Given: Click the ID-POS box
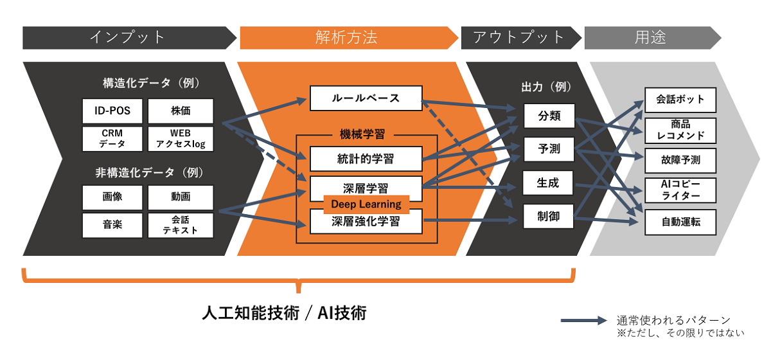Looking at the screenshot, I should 112,111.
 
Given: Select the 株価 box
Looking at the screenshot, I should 181,111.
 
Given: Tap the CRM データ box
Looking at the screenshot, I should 112,138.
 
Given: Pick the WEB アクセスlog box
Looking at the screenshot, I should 181,138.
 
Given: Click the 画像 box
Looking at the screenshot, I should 112,197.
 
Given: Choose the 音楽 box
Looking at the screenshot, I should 112,224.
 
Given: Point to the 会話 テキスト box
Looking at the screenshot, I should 181,224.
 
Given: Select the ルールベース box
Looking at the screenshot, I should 366,98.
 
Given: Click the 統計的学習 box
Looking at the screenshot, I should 366,158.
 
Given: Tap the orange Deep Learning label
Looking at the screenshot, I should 366,204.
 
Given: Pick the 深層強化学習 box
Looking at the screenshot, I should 366,222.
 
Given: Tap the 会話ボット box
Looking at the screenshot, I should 680,100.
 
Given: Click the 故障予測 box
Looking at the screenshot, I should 680,160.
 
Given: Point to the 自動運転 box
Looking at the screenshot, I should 680,222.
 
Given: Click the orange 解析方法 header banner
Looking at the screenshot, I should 347,37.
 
